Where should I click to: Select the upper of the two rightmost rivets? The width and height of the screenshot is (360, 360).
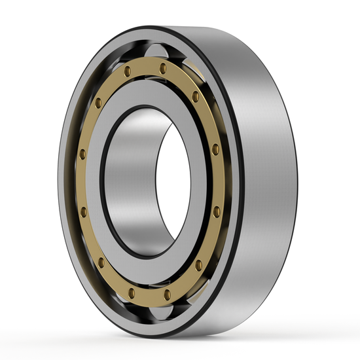[x=215, y=149]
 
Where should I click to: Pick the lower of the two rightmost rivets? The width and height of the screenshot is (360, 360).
[x=216, y=211]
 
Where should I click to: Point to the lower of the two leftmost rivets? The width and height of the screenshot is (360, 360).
[x=83, y=211]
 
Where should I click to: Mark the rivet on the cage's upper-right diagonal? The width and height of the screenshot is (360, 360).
[x=195, y=96]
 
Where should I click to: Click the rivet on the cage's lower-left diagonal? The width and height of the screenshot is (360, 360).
[x=101, y=262]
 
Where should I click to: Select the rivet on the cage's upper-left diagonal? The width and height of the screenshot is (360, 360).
[x=98, y=103]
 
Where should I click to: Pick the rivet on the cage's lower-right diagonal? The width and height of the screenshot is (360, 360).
[x=198, y=265]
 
